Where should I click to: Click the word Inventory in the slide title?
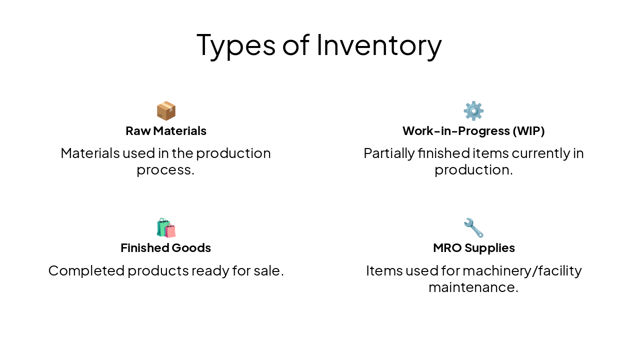tap(379, 44)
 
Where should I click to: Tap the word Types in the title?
tap(235, 44)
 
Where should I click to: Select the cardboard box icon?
tap(166, 111)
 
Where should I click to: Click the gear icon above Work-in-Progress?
tap(473, 111)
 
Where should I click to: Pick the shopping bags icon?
tap(166, 228)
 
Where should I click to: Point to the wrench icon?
tap(473, 228)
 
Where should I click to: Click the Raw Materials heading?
tap(166, 131)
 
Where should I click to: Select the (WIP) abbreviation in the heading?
tap(528, 131)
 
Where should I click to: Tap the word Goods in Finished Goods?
tap(191, 248)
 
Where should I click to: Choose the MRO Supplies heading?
tap(473, 248)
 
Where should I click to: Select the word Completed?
tap(86, 270)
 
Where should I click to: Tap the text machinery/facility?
tap(522, 270)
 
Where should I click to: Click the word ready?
tap(210, 270)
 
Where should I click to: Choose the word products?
tap(157, 270)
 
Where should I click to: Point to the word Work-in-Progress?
tap(456, 131)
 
